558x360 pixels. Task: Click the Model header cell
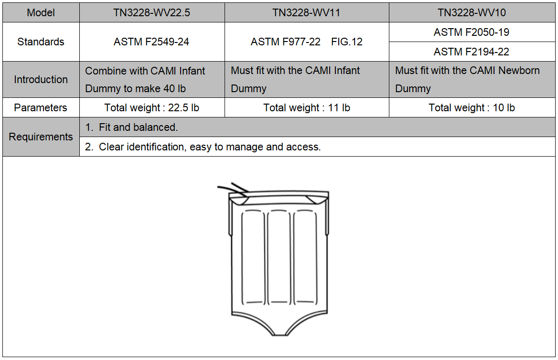41,13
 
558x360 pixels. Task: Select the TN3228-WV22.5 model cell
151,13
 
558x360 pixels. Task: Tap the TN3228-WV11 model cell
306,13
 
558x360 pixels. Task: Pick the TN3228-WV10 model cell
472,13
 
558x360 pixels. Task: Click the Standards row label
41,42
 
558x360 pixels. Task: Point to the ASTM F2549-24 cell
151,42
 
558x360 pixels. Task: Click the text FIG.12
347,42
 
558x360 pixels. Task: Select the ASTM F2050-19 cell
472,32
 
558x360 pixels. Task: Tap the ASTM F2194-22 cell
472,52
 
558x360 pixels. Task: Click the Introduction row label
41,79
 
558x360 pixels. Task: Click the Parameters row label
41,108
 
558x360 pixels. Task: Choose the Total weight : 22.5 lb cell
151,108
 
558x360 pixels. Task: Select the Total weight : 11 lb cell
306,108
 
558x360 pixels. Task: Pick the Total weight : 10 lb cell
472,108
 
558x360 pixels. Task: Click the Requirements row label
41,137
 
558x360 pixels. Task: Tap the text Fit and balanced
138,127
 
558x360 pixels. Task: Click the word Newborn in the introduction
519,71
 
